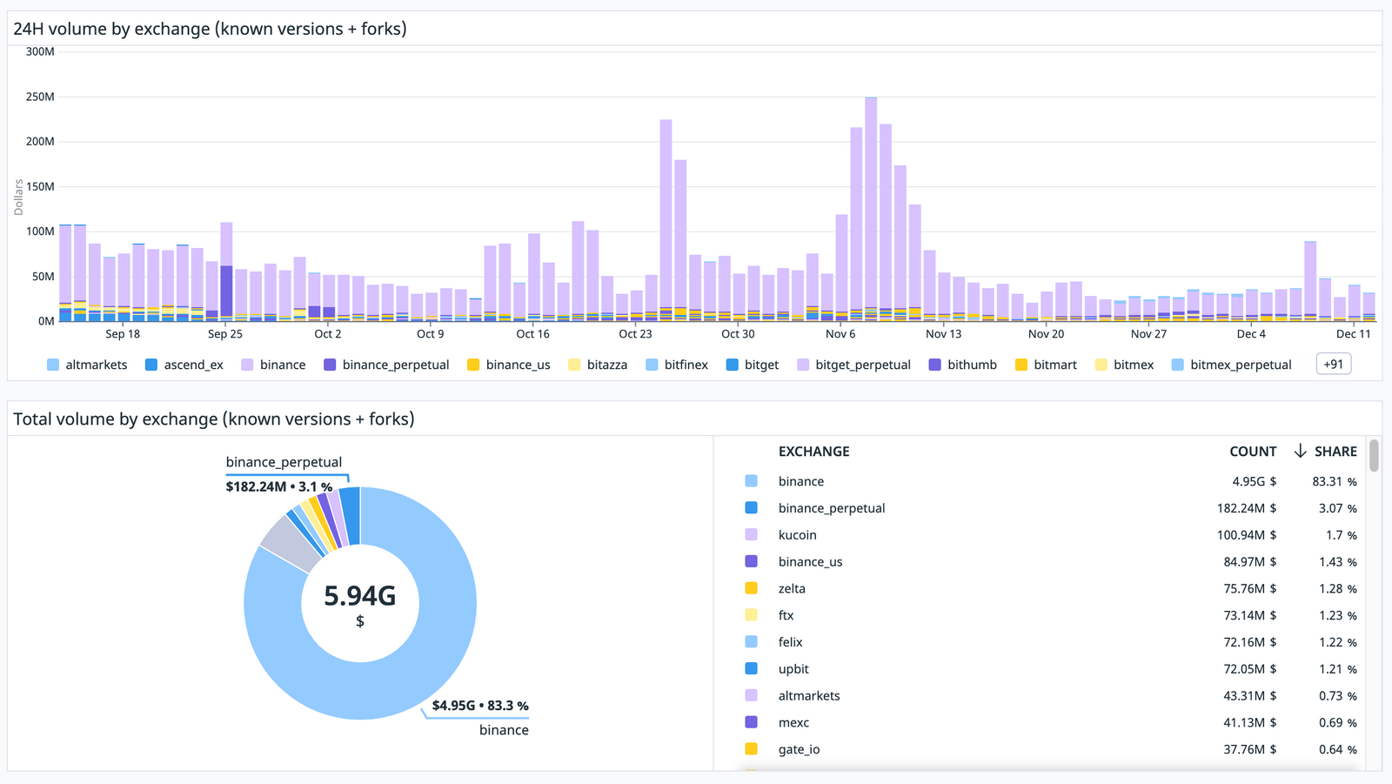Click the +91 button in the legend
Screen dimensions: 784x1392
(x=1334, y=365)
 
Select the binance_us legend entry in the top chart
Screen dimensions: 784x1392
(x=518, y=365)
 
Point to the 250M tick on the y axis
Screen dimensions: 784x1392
(x=40, y=97)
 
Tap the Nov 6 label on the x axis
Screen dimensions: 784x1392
(x=840, y=334)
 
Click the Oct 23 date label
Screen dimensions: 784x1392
(x=635, y=334)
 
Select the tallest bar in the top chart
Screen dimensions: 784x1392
(x=871, y=209)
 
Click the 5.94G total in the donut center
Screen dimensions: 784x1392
(x=359, y=596)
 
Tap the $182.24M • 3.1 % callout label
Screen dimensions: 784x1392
(x=278, y=486)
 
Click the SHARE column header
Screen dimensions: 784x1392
(x=1335, y=452)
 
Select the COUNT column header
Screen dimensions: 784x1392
(x=1253, y=452)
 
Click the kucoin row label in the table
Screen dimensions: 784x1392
(x=797, y=535)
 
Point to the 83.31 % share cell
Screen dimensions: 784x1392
(x=1334, y=481)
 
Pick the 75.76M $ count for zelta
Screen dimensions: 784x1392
(x=1249, y=588)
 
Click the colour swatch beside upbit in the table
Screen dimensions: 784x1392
(x=752, y=668)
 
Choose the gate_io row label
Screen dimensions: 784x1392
(x=799, y=749)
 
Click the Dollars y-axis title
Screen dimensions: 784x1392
(x=18, y=198)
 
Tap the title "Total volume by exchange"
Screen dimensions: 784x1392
(x=214, y=419)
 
